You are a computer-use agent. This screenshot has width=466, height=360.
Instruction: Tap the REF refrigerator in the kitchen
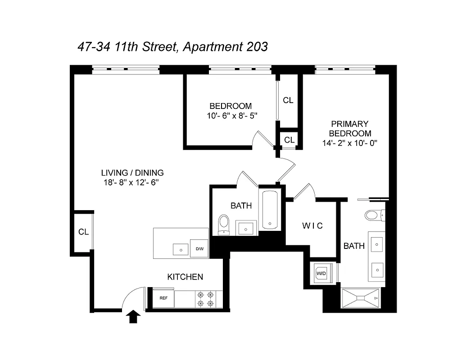pyautogui.click(x=163, y=298)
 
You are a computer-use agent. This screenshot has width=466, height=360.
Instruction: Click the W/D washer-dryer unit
pyautogui.click(x=321, y=273)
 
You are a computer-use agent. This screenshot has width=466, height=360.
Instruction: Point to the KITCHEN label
pyautogui.click(x=185, y=277)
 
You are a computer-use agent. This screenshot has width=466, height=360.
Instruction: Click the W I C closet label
pyautogui.click(x=312, y=226)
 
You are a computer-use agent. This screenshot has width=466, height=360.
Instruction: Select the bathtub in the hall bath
pyautogui.click(x=269, y=210)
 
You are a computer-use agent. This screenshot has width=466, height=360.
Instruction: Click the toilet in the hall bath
pyautogui.click(x=223, y=224)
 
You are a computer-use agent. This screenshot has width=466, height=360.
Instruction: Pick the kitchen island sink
pyautogui.click(x=181, y=249)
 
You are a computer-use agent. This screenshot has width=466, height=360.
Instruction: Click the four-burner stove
pyautogui.click(x=205, y=299)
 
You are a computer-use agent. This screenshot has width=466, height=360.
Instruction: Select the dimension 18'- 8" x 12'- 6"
pyautogui.click(x=131, y=183)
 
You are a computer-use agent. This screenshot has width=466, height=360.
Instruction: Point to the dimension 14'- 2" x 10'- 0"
pyautogui.click(x=349, y=144)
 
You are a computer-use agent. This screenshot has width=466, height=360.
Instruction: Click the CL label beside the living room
pyautogui.click(x=83, y=232)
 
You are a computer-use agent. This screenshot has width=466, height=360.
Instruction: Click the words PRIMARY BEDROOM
pyautogui.click(x=350, y=128)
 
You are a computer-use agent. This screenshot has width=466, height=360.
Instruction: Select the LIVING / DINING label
pyautogui.click(x=132, y=172)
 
